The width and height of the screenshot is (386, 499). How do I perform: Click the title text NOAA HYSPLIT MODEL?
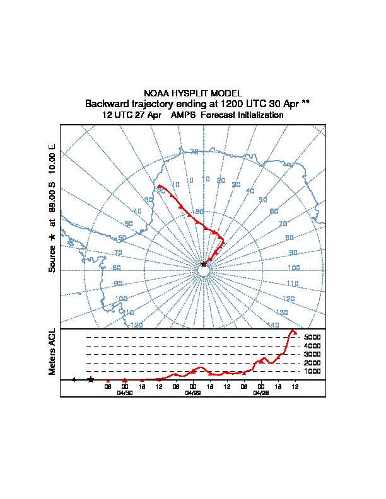(x=192, y=93)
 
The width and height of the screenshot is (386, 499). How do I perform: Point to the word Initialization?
(x=259, y=115)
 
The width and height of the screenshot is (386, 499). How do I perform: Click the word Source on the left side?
(x=52, y=258)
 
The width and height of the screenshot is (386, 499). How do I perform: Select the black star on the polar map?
(x=203, y=265)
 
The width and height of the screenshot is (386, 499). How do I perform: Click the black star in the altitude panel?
(x=91, y=379)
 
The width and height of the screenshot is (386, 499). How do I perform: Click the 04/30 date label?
(x=125, y=393)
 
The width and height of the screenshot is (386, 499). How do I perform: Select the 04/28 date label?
(x=261, y=393)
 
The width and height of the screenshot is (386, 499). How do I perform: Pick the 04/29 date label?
(x=193, y=393)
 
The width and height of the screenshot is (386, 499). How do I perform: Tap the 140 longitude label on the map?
(x=273, y=325)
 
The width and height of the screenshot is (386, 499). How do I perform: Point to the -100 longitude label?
(x=120, y=299)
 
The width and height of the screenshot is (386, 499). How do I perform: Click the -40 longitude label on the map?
(x=137, y=212)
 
